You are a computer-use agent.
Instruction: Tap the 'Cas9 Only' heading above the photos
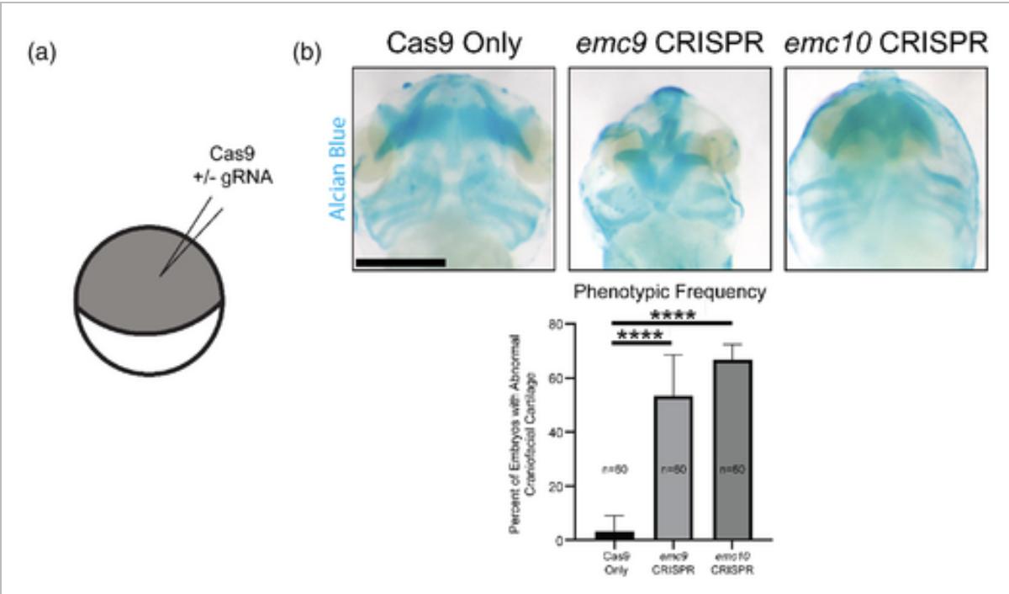click(454, 44)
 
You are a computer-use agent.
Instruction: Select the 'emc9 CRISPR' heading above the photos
click(668, 44)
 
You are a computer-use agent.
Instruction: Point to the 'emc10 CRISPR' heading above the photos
click(885, 44)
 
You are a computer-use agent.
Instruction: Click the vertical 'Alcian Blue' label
click(339, 168)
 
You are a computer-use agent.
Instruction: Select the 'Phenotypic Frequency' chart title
click(669, 293)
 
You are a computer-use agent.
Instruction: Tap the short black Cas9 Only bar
click(613, 535)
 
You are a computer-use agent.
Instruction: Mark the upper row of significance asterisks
click(673, 316)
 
